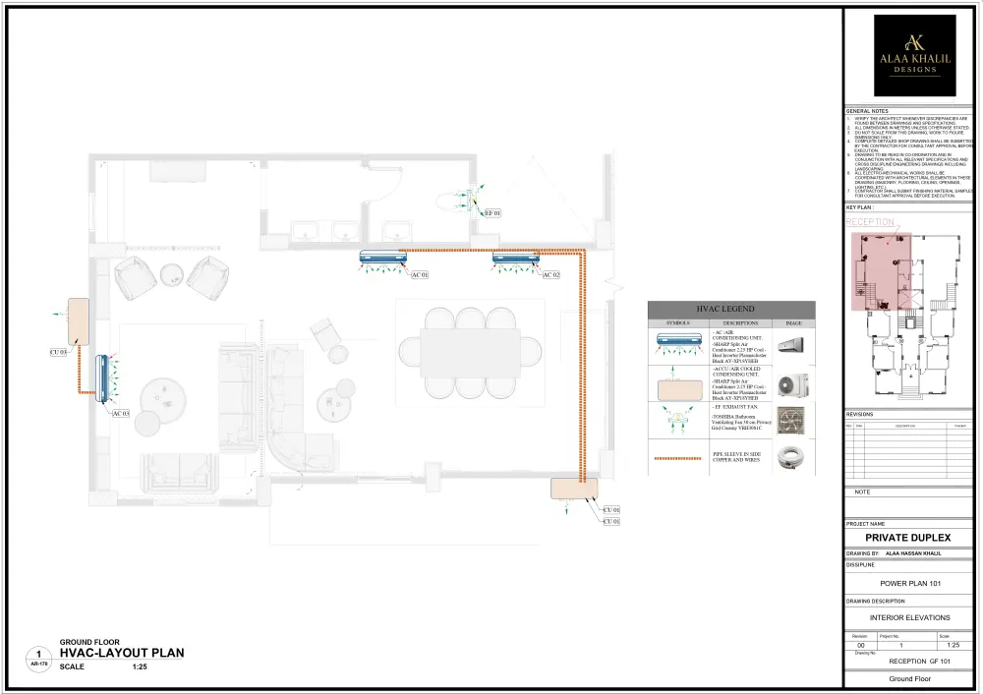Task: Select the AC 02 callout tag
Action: pyautogui.click(x=550, y=275)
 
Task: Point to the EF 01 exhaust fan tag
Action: pyautogui.click(x=492, y=212)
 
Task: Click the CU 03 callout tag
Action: pyautogui.click(x=58, y=352)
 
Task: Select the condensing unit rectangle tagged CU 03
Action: pyautogui.click(x=78, y=321)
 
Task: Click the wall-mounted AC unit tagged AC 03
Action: pyautogui.click(x=102, y=379)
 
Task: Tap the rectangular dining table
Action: pyautogui.click(x=462, y=351)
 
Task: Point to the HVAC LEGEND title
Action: pyautogui.click(x=730, y=309)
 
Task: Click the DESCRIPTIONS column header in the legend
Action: pyautogui.click(x=740, y=322)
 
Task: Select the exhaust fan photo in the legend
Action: pyautogui.click(x=791, y=421)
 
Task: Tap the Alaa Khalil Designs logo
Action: pyautogui.click(x=914, y=55)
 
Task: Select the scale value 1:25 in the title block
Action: pyautogui.click(x=953, y=645)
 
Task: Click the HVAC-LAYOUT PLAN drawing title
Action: pyautogui.click(x=121, y=653)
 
